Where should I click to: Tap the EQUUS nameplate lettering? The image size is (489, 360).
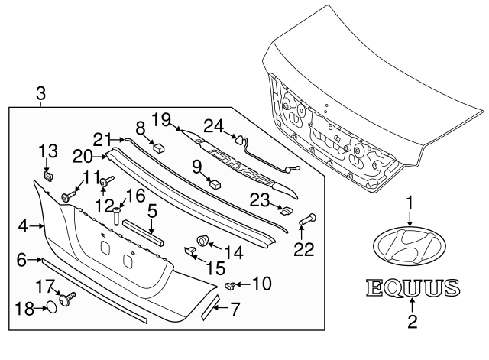413,289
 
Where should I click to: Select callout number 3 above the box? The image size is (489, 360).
40,95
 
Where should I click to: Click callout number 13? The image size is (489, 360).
48,149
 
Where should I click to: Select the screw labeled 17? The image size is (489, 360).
69,295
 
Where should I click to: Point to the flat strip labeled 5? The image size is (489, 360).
143,231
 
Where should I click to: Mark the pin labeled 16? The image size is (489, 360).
116,216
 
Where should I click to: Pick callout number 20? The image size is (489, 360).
83,156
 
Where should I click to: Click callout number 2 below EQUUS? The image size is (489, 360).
413,323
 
